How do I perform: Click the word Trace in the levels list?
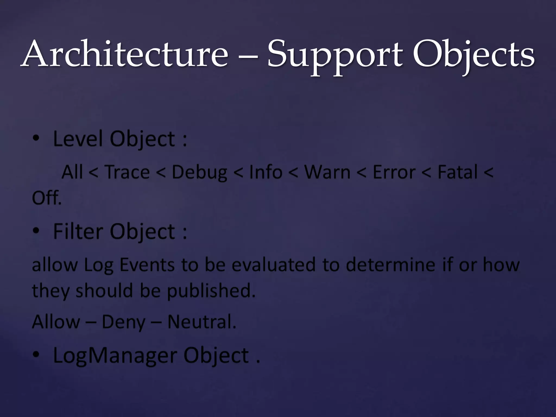(127, 172)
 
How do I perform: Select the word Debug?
(200, 173)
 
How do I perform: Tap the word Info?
(266, 172)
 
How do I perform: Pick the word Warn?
(327, 172)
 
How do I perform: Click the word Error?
(394, 172)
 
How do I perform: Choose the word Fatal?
(457, 172)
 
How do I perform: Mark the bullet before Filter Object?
(36, 231)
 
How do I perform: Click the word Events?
(147, 264)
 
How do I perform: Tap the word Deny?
(124, 322)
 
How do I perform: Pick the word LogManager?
(115, 356)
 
